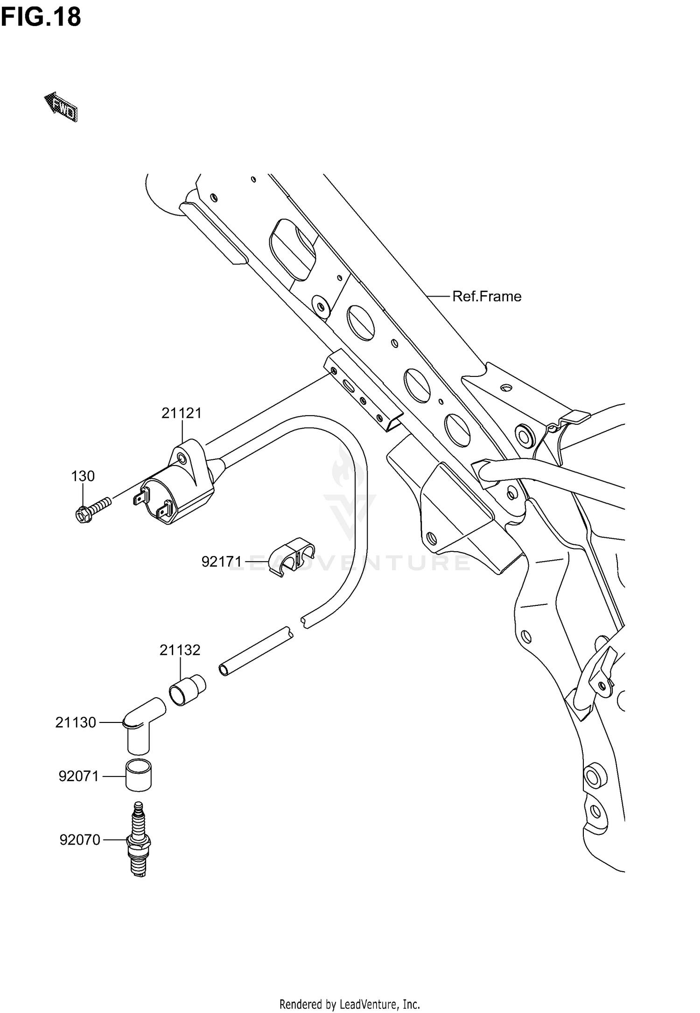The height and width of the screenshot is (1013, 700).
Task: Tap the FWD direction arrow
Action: [61, 107]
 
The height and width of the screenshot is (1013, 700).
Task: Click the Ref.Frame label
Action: [486, 297]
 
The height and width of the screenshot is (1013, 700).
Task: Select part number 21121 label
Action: [182, 413]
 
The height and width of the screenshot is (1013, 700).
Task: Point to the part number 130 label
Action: [83, 476]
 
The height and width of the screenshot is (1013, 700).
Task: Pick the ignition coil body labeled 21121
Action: [180, 497]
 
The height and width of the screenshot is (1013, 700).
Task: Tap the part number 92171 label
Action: [221, 562]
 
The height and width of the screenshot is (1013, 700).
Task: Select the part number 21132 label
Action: [180, 650]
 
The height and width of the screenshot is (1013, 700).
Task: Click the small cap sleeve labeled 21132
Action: [187, 690]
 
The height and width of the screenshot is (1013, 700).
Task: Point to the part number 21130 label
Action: [76, 722]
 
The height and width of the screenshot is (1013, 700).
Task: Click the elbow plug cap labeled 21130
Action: [140, 725]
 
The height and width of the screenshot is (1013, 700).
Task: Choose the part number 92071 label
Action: [79, 777]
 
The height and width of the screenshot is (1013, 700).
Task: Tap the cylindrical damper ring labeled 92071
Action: [139, 775]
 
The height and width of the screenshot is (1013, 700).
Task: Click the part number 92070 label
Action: [80, 840]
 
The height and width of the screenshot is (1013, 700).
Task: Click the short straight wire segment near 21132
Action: [256, 652]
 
